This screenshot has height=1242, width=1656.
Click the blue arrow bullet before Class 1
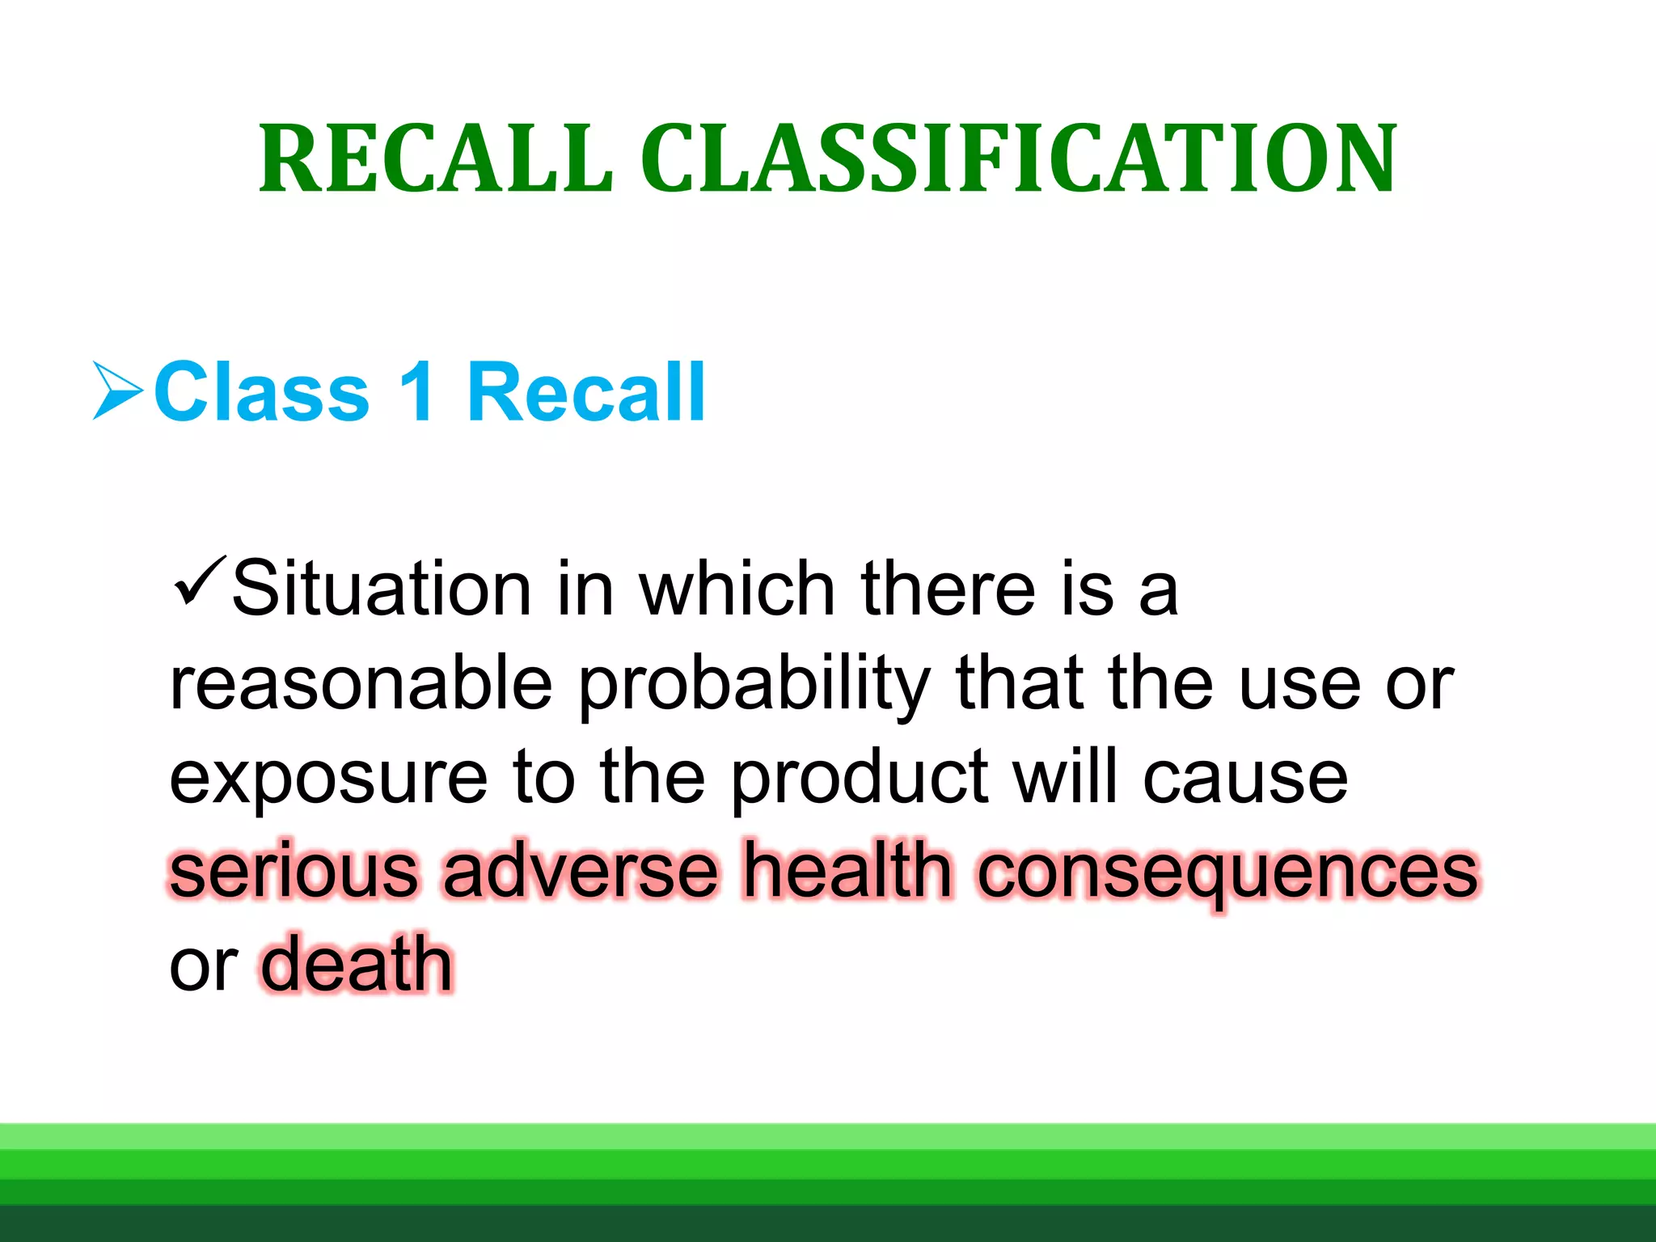(118, 391)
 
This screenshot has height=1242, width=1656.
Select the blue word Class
(261, 392)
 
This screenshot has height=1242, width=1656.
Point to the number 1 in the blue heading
(417, 392)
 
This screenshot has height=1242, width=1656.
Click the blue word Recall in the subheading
(586, 392)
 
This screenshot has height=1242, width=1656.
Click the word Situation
(381, 589)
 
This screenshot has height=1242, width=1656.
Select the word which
(737, 589)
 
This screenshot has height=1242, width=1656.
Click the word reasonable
(361, 683)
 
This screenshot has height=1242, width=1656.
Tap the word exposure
(328, 779)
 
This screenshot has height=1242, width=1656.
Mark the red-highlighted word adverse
(581, 871)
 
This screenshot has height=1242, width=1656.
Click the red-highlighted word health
(847, 871)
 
